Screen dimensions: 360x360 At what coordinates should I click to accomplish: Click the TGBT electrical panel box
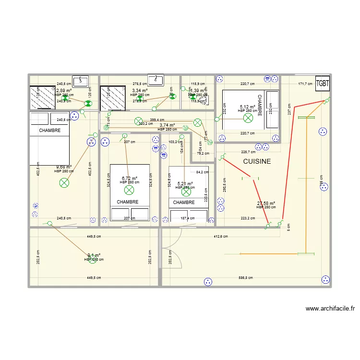click(x=323, y=83)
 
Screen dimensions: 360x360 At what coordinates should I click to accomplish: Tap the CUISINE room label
click(x=257, y=162)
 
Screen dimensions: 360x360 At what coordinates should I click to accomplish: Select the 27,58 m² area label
click(x=266, y=204)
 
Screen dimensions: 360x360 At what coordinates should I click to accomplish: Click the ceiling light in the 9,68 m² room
click(x=64, y=182)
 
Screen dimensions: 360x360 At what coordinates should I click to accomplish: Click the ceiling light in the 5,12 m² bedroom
click(x=248, y=117)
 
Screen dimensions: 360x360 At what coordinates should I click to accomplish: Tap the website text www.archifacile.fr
click(x=330, y=309)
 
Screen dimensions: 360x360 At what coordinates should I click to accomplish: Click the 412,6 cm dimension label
click(x=221, y=236)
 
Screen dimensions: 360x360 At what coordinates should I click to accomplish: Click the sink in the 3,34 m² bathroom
click(x=156, y=80)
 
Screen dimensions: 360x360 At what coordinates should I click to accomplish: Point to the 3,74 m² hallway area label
click(x=168, y=125)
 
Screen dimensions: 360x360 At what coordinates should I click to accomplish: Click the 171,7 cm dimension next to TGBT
click(x=305, y=84)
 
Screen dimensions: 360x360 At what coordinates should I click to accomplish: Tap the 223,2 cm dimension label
click(x=248, y=218)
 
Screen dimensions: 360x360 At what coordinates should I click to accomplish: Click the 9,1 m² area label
click(x=94, y=255)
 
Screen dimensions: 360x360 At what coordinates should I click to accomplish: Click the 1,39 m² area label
click(x=198, y=90)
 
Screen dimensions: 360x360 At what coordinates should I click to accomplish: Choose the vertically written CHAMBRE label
click(x=259, y=105)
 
